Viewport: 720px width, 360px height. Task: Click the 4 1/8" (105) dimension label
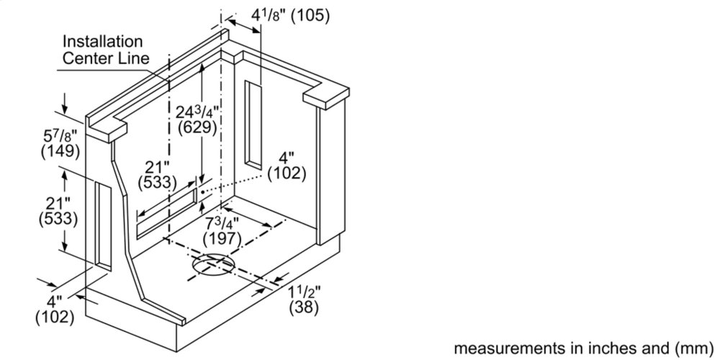291,16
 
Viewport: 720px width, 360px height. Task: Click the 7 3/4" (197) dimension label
222,231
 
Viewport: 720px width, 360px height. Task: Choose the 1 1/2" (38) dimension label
304,300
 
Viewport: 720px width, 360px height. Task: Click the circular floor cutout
214,266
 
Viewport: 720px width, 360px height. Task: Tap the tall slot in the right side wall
253,125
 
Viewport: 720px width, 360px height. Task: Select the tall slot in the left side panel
103,226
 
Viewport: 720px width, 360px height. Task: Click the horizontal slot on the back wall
167,214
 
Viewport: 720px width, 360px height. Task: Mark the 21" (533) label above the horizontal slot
157,174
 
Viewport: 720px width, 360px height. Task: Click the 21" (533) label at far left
58,211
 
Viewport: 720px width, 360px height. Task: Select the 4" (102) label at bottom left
55,310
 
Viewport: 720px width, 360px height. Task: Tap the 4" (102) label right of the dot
287,166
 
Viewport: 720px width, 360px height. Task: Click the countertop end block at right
326,97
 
